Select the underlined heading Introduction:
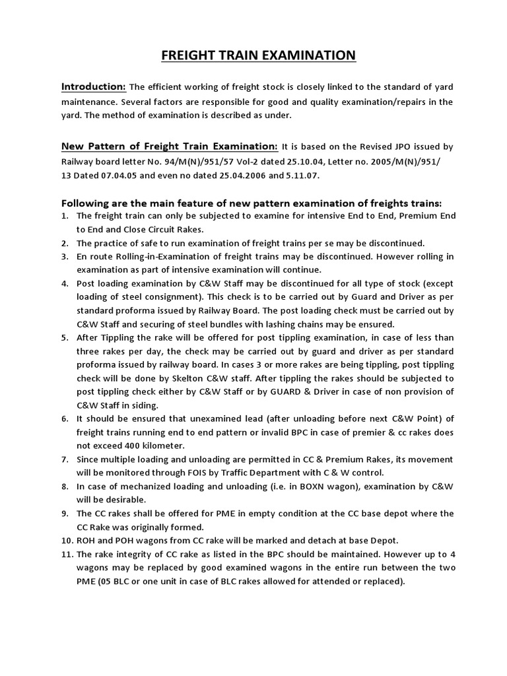tap(94, 87)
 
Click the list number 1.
tap(65, 216)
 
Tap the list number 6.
tap(65, 419)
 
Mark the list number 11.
tap(67, 555)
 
